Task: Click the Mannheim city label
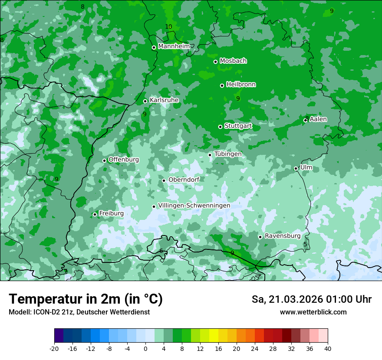(174, 46)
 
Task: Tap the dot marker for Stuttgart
(220, 127)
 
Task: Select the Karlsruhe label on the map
(164, 100)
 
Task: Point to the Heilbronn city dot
(222, 85)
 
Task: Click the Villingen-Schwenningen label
(194, 206)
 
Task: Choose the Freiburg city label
(111, 213)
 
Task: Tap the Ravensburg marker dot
(260, 237)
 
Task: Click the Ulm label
(306, 167)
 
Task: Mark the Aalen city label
(318, 119)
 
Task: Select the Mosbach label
(233, 61)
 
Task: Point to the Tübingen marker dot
(210, 155)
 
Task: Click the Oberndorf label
(184, 180)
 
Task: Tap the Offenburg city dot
(104, 160)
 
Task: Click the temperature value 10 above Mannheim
(168, 27)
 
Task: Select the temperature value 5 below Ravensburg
(305, 245)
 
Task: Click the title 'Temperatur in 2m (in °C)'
(86, 299)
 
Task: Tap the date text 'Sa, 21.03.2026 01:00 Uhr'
(311, 299)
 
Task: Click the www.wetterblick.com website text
(313, 312)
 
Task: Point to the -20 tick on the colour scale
(54, 348)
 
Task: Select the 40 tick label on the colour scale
(327, 348)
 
